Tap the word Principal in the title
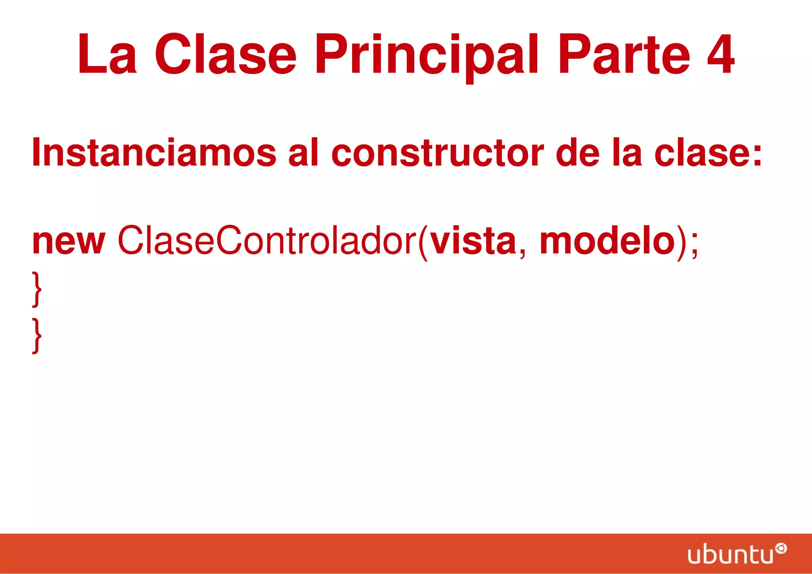pos(427,56)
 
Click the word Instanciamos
pos(154,152)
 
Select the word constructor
pos(437,153)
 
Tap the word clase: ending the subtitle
pos(708,153)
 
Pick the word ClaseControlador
pos(266,240)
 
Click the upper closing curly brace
pos(36,289)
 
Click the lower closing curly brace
pos(36,335)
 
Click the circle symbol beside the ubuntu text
pos(781,549)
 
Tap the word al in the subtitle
pos(303,152)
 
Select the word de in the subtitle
pos(578,153)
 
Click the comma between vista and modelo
pos(522,252)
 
